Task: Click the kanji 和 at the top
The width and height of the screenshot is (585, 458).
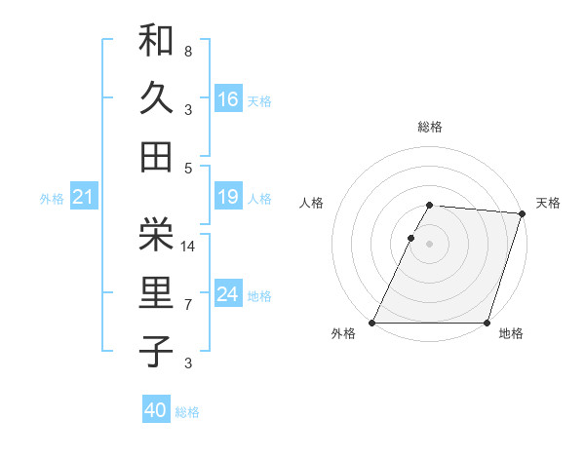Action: pos(156,41)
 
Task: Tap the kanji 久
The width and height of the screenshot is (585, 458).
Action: pos(156,98)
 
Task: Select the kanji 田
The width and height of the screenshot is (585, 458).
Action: pos(156,156)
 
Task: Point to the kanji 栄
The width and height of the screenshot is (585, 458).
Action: pos(156,234)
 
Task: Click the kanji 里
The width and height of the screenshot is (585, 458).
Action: pos(156,293)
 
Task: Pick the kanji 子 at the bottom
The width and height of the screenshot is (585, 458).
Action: pos(156,351)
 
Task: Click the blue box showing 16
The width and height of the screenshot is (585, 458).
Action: pos(228,98)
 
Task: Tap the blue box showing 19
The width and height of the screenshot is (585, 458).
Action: pos(228,198)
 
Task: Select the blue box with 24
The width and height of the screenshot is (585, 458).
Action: pos(228,294)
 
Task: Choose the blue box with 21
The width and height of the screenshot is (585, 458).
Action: pos(84,198)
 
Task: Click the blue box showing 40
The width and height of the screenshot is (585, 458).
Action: pos(156,410)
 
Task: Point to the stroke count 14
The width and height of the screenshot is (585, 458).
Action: pos(189,247)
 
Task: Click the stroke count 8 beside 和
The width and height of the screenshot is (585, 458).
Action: pos(187,51)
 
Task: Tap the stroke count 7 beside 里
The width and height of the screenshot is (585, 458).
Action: pos(187,305)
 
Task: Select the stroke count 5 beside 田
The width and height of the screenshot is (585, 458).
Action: pos(187,168)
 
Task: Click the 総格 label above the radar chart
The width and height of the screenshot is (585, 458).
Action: pos(429,127)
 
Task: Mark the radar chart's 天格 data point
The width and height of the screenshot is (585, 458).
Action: pos(523,214)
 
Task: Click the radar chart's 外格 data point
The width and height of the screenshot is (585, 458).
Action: pos(372,323)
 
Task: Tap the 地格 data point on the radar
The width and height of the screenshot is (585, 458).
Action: pos(487,323)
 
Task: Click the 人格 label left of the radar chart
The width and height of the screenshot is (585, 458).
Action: pos(312,203)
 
